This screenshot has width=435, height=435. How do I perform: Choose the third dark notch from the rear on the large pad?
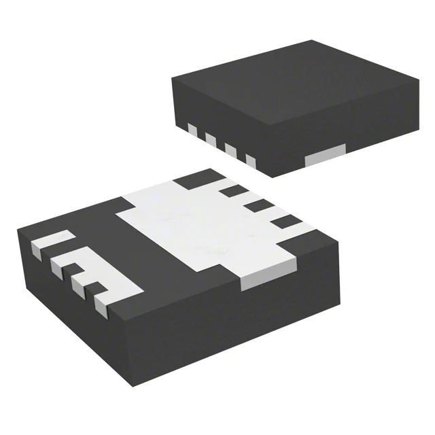click(x=256, y=205)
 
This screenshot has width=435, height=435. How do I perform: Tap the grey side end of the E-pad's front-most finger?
click(x=102, y=307)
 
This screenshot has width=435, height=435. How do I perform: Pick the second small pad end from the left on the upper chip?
click(x=211, y=140)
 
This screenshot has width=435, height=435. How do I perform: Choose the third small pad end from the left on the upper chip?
click(x=230, y=150)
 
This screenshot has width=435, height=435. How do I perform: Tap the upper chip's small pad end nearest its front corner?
click(x=249, y=160)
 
